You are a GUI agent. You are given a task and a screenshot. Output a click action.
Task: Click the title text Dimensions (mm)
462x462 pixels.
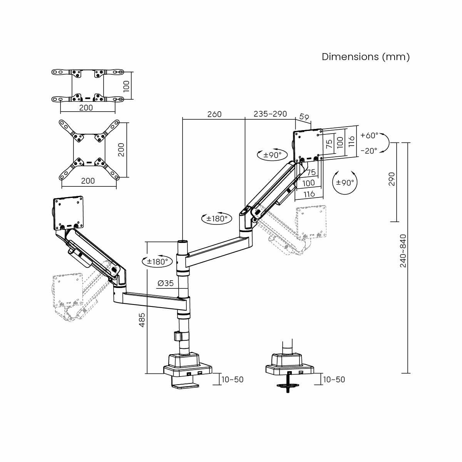[365, 57]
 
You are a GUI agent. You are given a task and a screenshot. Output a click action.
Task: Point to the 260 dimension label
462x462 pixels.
[214, 114]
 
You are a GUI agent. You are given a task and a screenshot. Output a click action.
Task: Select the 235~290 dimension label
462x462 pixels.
[270, 114]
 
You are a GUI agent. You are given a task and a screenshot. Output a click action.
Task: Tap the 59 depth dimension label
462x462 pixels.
[305, 117]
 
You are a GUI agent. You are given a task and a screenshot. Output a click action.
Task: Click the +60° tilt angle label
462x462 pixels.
[369, 136]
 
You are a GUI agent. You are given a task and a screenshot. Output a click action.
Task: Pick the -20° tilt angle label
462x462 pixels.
[369, 151]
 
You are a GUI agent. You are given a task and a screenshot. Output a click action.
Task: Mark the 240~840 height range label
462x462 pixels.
[403, 251]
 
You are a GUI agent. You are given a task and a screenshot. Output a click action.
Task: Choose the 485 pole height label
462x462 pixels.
[142, 320]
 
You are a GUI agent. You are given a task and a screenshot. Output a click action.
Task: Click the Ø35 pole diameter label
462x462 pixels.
[166, 283]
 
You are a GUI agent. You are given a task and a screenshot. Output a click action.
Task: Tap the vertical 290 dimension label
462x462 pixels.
[392, 179]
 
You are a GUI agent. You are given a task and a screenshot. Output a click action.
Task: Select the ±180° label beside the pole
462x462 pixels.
[157, 262]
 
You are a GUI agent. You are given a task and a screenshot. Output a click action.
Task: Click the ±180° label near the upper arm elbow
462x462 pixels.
[217, 219]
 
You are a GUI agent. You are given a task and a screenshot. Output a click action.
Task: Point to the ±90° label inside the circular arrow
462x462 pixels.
[345, 182]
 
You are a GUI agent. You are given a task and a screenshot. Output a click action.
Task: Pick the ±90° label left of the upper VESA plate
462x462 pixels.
[272, 155]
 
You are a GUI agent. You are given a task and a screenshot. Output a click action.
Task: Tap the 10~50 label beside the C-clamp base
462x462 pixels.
[232, 380]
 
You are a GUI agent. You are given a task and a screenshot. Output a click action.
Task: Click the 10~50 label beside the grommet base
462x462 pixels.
[334, 380]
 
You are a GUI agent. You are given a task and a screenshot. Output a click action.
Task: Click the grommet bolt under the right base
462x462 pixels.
[288, 386]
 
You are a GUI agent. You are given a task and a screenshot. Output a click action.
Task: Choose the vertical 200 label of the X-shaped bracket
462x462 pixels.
[121, 149]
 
